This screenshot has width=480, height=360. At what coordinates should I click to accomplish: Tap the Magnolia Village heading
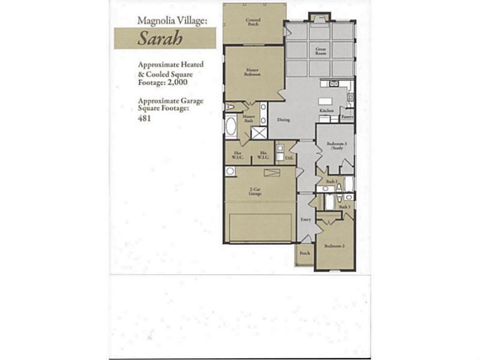[x=172, y=20]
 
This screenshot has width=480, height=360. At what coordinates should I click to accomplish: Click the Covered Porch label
[x=253, y=22]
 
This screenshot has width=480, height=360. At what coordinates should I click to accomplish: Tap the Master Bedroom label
[x=252, y=73]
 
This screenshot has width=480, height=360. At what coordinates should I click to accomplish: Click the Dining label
[x=283, y=120]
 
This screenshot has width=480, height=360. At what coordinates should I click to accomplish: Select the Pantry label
[x=347, y=117]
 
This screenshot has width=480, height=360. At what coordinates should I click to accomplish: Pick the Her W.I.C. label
[x=237, y=155]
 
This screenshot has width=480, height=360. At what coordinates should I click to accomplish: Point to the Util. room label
[x=288, y=158]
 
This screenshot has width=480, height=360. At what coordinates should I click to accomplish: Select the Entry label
[x=305, y=219]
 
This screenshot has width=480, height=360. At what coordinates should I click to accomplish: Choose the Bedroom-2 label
[x=333, y=246]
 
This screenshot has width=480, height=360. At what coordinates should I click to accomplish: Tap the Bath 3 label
[x=345, y=207]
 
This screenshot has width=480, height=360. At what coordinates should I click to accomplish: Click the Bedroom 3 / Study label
[x=335, y=145]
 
